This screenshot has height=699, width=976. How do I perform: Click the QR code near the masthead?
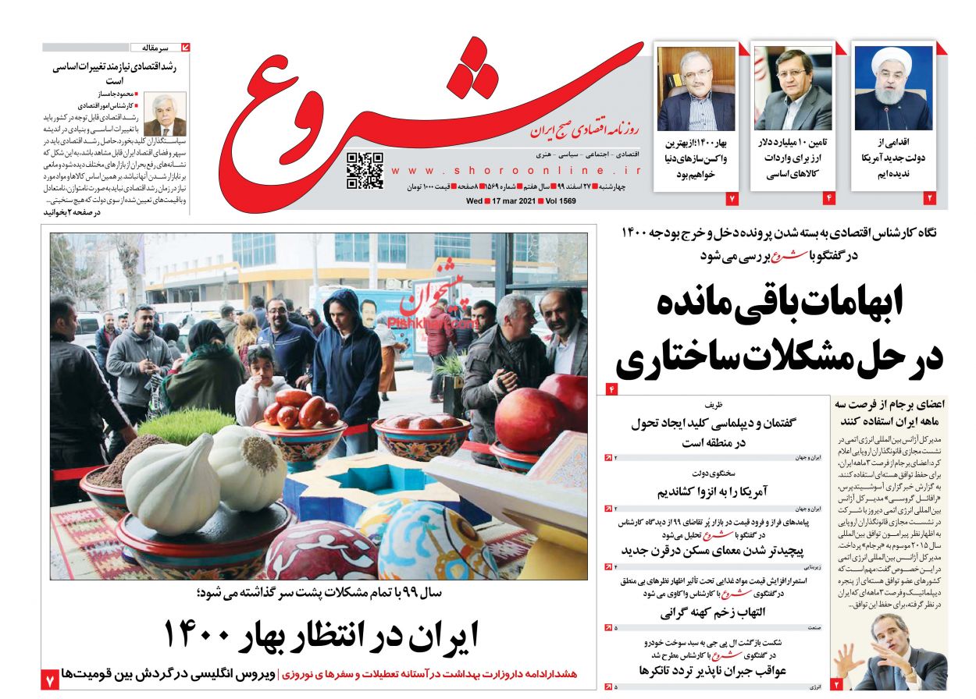pyautogui.click(x=365, y=171)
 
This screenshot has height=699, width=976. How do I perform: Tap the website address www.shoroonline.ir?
pyautogui.click(x=516, y=170)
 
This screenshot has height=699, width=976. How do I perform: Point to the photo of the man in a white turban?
pyautogui.click(x=892, y=87)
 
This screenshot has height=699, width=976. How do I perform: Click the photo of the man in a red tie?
pyautogui.click(x=793, y=87)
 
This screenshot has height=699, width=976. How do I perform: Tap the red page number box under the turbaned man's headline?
pyautogui.click(x=929, y=198)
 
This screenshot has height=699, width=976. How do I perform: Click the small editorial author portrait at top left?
pyautogui.click(x=165, y=115)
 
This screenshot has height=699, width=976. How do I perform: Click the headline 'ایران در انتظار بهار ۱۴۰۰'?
pyautogui.click(x=320, y=633)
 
